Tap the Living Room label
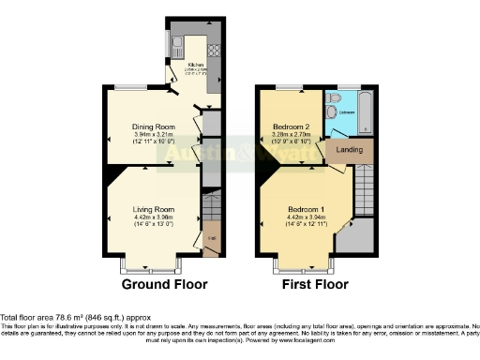point(153,209)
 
